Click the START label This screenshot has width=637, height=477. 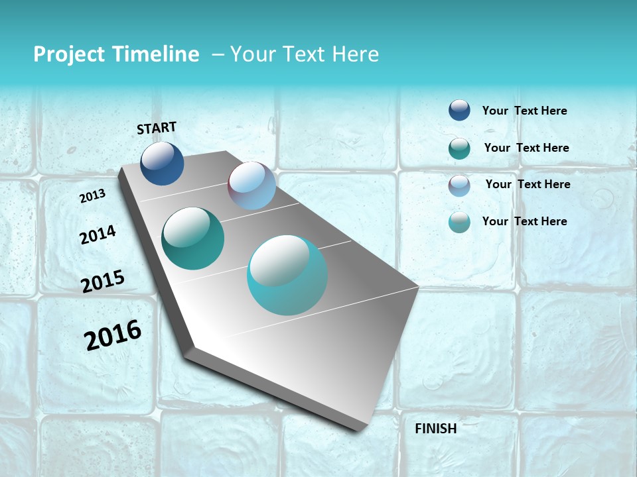(x=157, y=128)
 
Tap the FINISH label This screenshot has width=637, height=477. (x=435, y=429)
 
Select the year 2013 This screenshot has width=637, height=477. (x=92, y=196)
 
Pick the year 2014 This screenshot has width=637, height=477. (x=98, y=235)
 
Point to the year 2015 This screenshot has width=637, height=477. (x=103, y=282)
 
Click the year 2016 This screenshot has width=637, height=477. (x=113, y=335)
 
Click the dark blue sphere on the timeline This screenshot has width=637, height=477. (x=162, y=164)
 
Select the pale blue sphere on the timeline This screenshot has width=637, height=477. (x=251, y=185)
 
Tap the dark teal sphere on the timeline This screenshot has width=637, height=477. (x=192, y=238)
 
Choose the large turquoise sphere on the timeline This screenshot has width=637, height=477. (x=287, y=275)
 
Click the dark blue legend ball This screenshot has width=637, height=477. (x=459, y=110)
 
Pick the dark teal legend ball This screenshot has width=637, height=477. (x=459, y=148)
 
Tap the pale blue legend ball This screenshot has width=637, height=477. (x=459, y=185)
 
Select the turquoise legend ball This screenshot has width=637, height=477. (x=459, y=222)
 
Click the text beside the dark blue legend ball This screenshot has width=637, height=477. (x=524, y=111)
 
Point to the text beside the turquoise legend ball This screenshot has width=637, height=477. (x=524, y=221)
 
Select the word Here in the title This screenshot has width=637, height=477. (x=355, y=54)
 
